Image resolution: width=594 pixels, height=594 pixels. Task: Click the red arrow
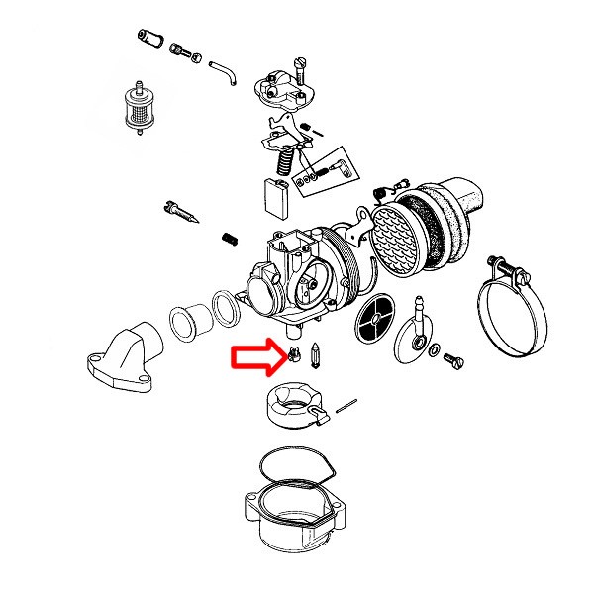point(255,358)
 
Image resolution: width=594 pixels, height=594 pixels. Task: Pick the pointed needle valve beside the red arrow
point(312,352)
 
